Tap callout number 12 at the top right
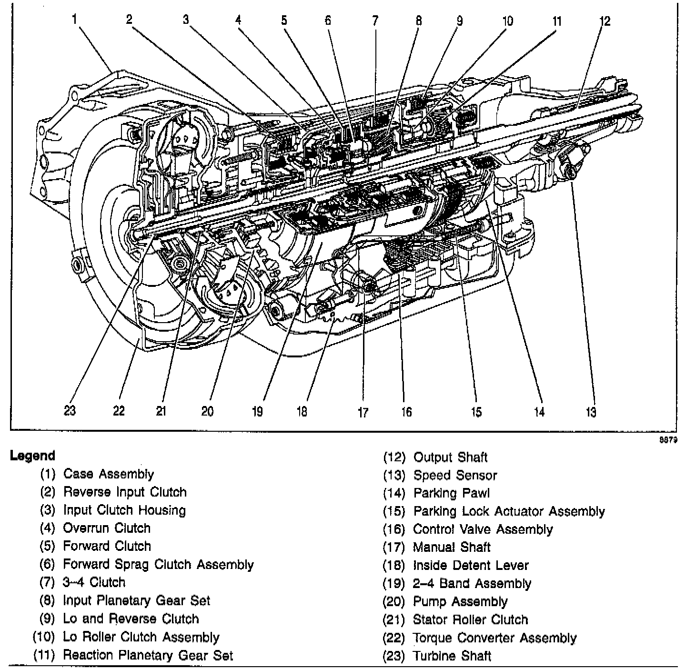tap(605, 21)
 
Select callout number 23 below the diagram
tap(70, 411)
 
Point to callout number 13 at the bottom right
tap(591, 412)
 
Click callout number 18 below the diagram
tap(302, 412)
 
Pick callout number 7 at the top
tap(375, 20)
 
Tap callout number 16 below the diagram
tap(406, 412)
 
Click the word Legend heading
tap(32, 456)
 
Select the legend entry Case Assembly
tap(109, 474)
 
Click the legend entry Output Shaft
tap(450, 457)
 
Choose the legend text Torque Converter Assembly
tap(494, 638)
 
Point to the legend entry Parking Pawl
tap(451, 493)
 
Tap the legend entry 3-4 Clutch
tap(94, 582)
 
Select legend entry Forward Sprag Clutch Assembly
tap(158, 565)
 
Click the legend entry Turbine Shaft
tap(452, 656)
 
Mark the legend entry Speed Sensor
tap(455, 476)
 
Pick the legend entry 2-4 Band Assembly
tap(472, 584)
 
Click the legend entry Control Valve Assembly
tap(483, 529)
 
